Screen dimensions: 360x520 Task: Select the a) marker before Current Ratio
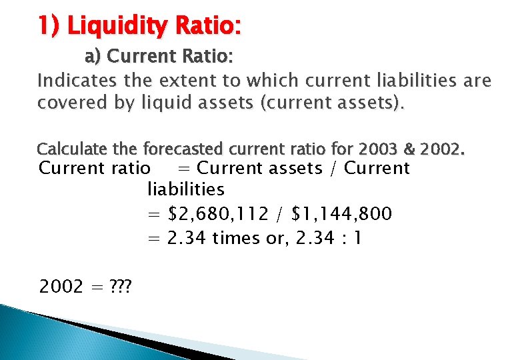(92, 56)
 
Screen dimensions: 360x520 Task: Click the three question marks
(121, 287)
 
